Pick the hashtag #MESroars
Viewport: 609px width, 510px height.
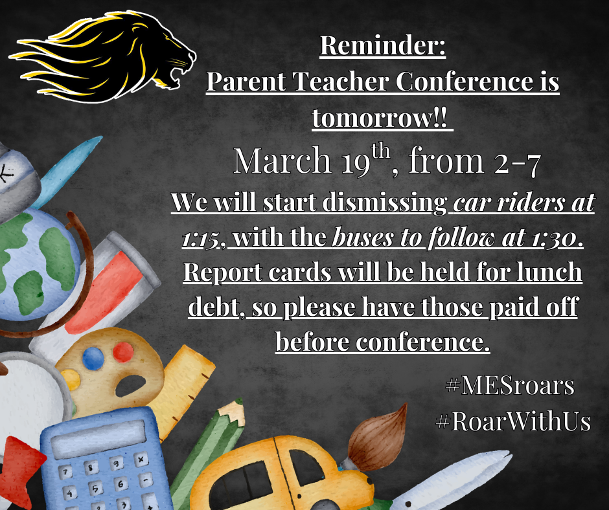point(511,386)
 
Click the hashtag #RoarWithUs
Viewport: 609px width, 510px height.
point(513,421)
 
